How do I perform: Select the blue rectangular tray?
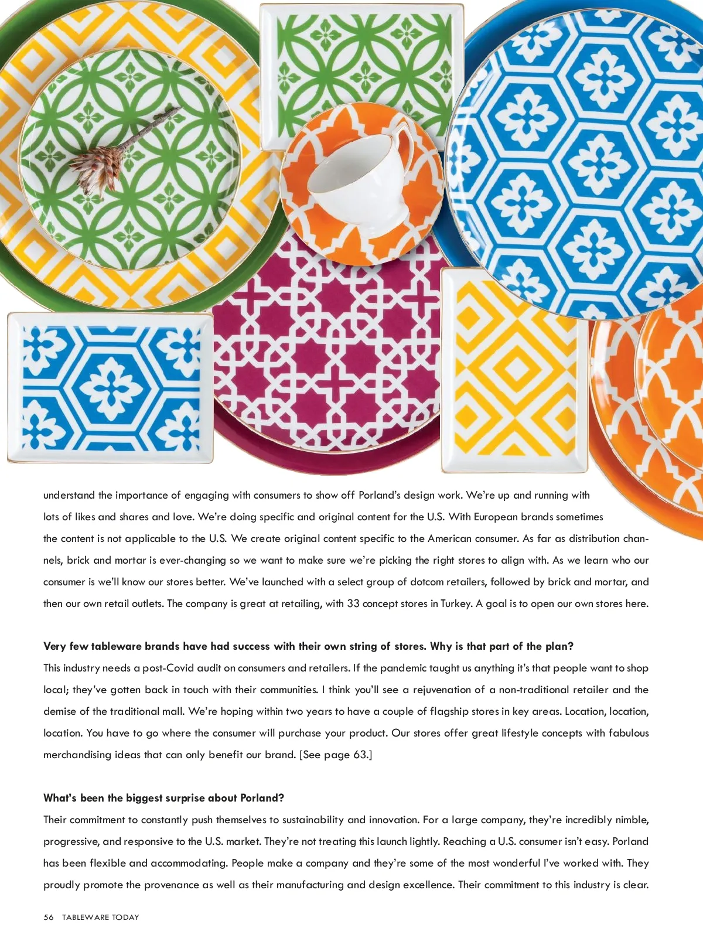(110, 388)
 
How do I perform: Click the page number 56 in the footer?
(49, 917)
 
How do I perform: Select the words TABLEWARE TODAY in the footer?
(101, 917)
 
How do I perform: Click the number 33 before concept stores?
(353, 604)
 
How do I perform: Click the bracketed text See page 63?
(336, 755)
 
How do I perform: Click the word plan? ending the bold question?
(559, 646)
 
